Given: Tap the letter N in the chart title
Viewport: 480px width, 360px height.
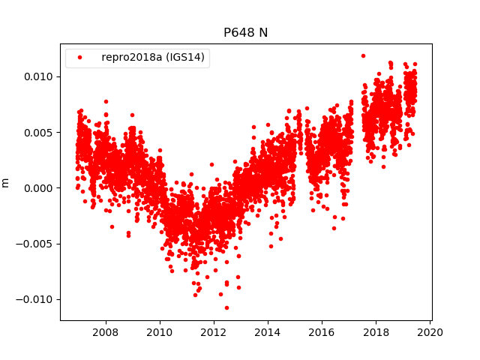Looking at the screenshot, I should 263,32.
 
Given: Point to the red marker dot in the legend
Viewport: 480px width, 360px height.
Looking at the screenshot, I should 79,58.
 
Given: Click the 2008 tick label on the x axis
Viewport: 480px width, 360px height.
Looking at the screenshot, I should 105,332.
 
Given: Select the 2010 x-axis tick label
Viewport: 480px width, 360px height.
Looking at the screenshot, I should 159,332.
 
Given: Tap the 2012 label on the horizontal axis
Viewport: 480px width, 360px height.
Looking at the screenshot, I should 214,332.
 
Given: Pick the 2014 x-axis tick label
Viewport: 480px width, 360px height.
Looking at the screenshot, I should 268,332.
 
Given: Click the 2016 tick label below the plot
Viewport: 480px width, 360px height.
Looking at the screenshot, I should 322,332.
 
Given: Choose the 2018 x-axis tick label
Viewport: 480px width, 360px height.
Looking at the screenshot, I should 376,332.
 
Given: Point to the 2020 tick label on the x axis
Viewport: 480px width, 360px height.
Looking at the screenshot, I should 430,332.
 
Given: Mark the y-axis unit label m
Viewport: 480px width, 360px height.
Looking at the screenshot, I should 6,182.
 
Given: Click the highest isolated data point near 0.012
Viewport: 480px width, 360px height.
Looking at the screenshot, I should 363,55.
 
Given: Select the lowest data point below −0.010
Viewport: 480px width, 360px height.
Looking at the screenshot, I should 226,307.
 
